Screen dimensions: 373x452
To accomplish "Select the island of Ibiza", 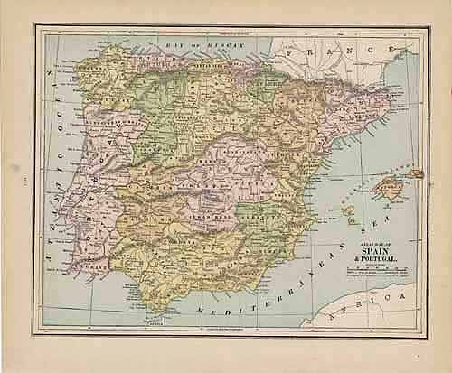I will click(348, 213).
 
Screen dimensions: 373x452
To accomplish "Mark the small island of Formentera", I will click(350, 223).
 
